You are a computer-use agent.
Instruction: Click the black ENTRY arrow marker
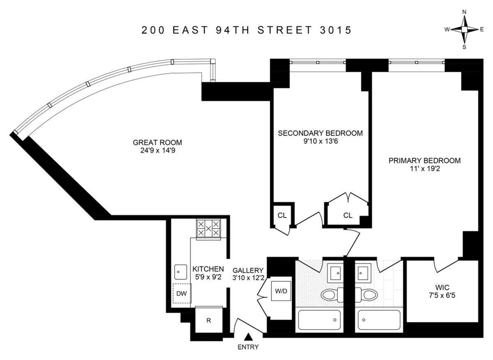click(248, 337)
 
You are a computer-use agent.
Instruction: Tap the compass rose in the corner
click(464, 30)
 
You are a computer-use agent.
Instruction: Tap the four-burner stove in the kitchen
click(208, 228)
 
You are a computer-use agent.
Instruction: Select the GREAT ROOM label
click(157, 143)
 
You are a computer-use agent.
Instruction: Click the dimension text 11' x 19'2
click(424, 168)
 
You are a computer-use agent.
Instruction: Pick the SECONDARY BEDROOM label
click(320, 133)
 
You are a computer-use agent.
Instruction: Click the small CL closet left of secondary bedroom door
click(282, 215)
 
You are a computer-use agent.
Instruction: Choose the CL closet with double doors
click(348, 215)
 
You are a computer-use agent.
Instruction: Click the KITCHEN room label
click(208, 269)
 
